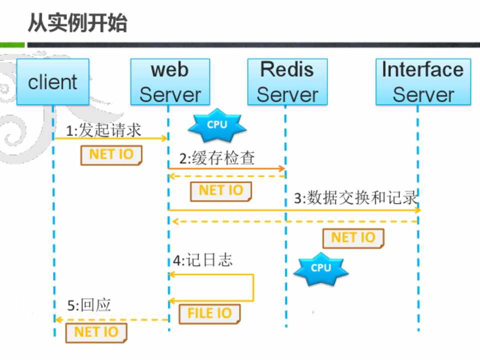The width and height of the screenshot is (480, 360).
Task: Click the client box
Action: tap(52, 82)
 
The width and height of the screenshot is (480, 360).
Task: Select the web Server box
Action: tap(169, 82)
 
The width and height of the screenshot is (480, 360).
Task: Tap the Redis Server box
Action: tap(287, 82)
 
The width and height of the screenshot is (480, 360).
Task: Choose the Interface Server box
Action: tap(423, 82)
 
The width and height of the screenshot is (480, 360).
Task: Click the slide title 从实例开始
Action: tap(77, 23)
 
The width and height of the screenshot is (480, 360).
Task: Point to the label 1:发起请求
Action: tap(104, 130)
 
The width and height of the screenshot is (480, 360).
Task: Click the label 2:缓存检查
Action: tap(217, 158)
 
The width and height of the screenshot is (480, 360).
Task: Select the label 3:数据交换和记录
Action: tap(355, 198)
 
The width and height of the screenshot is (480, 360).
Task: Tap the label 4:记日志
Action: tap(202, 260)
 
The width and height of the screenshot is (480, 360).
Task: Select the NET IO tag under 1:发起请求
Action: tap(111, 154)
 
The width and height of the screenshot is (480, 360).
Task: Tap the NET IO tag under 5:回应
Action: tap(96, 332)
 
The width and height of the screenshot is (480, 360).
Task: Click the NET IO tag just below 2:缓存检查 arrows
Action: tap(220, 190)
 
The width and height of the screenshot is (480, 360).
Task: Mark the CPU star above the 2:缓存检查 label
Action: tap(217, 125)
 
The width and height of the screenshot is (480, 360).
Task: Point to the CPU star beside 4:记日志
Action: tap(320, 268)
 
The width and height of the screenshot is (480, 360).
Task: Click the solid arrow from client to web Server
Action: tap(110, 138)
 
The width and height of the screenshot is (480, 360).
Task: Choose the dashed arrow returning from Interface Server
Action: tap(295, 221)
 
